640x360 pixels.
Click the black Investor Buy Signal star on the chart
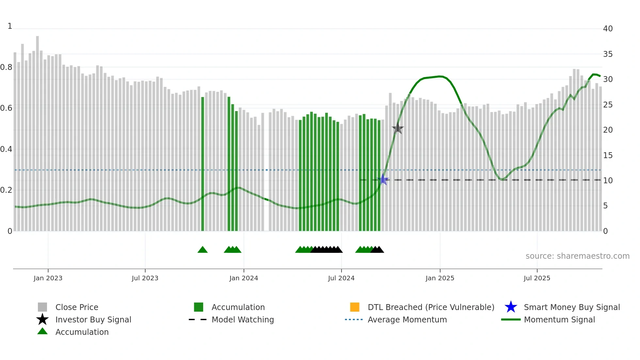coord(398,128)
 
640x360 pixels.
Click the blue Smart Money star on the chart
coord(383,180)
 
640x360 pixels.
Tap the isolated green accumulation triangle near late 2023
coord(202,250)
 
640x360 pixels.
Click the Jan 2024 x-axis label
coord(244,278)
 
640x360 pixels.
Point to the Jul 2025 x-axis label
coord(537,278)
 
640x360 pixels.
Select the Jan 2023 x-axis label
coord(48,278)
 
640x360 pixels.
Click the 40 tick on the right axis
coord(608,29)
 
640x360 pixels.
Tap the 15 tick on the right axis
coord(608,155)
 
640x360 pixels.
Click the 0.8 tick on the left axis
coord(6,67)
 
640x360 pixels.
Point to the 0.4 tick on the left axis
coord(6,149)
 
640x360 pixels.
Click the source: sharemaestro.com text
coord(577,256)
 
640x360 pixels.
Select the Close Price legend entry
coord(77,307)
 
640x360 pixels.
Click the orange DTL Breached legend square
coord(355,307)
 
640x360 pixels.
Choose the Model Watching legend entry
coord(242,319)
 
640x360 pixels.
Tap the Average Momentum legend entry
coord(407,319)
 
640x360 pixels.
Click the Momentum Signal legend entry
coord(559,319)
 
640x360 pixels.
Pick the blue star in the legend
coord(511,307)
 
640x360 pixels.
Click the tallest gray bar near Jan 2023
coord(38,131)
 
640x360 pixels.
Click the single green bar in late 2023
coord(203,163)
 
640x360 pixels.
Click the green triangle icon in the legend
coord(42,331)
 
